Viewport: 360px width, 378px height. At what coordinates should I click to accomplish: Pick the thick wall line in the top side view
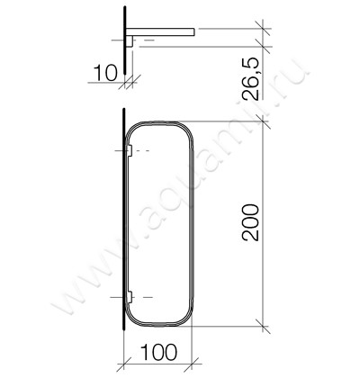click(122, 45)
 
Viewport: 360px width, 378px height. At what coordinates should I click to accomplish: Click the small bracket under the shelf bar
click(130, 40)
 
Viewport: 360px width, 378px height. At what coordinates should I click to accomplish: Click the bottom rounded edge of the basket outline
click(157, 324)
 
